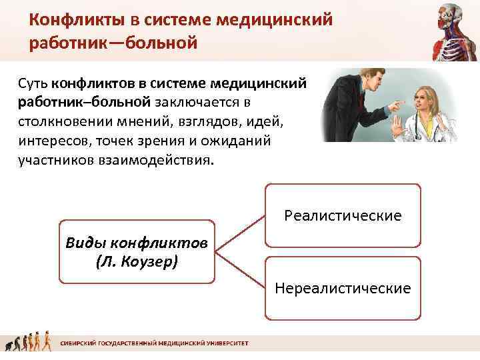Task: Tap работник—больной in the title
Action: pyautogui.click(x=113, y=44)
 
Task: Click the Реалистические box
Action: pyautogui.click(x=343, y=215)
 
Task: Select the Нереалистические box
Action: pyautogui.click(x=343, y=288)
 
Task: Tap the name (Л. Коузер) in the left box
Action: pyautogui.click(x=137, y=260)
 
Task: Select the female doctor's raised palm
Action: pyautogui.click(x=395, y=126)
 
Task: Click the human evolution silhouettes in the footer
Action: pyautogui.click(x=29, y=343)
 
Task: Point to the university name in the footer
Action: pyautogui.click(x=154, y=343)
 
